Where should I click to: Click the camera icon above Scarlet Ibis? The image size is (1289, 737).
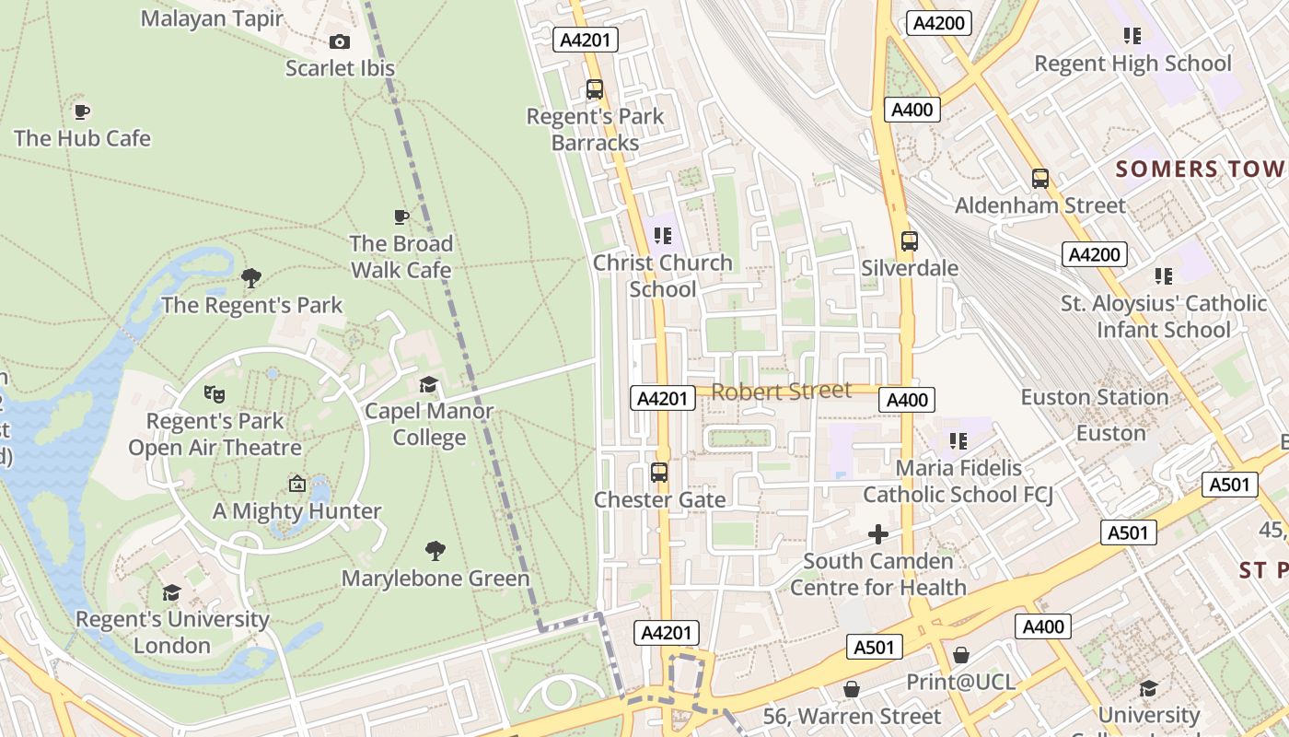[340, 41]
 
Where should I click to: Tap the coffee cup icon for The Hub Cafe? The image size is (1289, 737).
[82, 111]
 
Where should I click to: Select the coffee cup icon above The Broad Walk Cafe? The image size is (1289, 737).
[401, 216]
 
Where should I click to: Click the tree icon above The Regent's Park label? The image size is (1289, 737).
[251, 277]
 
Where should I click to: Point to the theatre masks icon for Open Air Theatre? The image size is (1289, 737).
[215, 393]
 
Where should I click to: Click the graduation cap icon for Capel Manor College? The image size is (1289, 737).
[429, 384]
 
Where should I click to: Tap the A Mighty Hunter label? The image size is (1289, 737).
[296, 510]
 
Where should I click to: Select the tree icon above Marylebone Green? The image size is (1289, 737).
[435, 551]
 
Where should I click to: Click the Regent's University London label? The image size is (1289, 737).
[172, 632]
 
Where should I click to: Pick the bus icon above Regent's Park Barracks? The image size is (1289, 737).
[595, 89]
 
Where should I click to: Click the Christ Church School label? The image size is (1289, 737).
[663, 275]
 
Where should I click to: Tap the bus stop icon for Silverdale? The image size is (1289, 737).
[910, 241]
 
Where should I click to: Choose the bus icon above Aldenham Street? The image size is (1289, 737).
[1040, 179]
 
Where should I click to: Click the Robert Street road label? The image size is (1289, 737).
[782, 391]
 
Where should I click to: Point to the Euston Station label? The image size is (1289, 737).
[1095, 397]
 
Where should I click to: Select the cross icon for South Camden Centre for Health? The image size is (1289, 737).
[878, 533]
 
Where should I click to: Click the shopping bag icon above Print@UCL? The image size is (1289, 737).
[961, 655]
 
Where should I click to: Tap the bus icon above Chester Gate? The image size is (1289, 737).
[659, 473]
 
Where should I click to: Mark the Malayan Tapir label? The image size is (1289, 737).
[212, 18]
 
